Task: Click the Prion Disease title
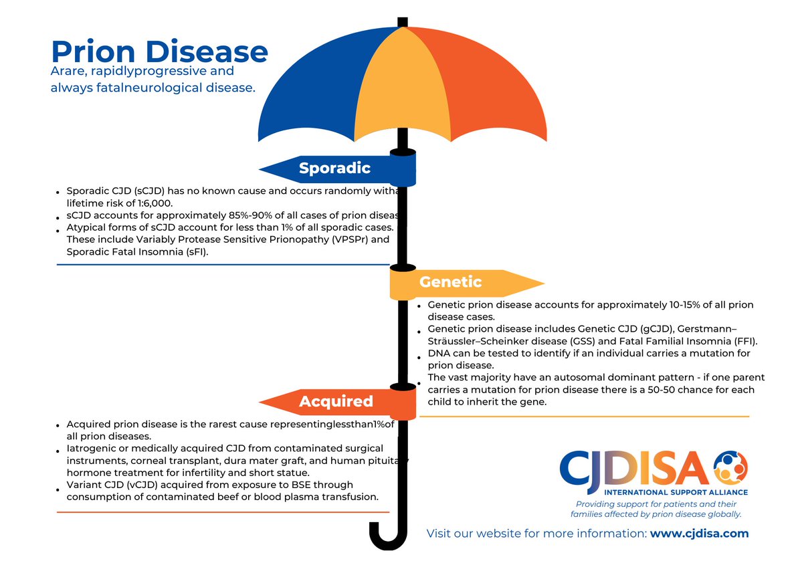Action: pyautogui.click(x=159, y=51)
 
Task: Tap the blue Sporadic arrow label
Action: pyautogui.click(x=334, y=168)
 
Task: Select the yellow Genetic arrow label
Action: pyautogui.click(x=450, y=283)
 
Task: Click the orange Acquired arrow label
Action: pyautogui.click(x=336, y=401)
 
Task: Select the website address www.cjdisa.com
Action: pyautogui.click(x=699, y=534)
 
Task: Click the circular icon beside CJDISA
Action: pyautogui.click(x=730, y=467)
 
